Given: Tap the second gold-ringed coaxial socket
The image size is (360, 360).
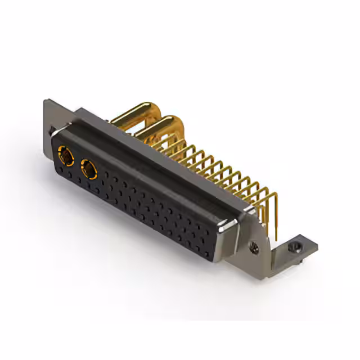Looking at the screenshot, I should pyautogui.click(x=89, y=168).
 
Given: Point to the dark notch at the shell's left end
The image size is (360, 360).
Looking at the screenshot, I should pyautogui.click(x=52, y=130).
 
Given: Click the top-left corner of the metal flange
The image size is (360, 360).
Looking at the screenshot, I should pyautogui.click(x=46, y=102).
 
